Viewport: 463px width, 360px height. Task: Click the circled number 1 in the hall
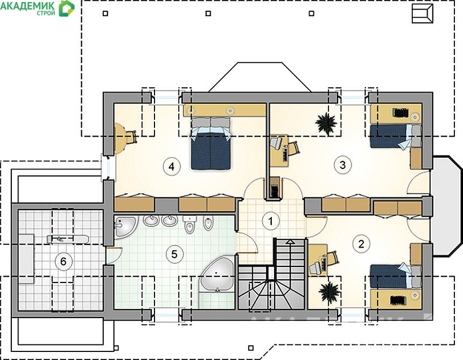[270, 221]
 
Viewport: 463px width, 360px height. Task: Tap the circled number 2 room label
[361, 244]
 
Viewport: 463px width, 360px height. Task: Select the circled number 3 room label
[342, 165]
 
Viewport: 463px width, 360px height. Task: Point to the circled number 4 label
[171, 166]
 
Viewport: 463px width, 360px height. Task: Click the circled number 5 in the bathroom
[174, 254]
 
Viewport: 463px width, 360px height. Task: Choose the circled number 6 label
[63, 261]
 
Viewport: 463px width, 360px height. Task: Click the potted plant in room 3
[326, 123]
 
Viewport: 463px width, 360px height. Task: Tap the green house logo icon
[67, 8]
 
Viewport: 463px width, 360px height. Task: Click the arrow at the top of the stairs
[291, 242]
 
